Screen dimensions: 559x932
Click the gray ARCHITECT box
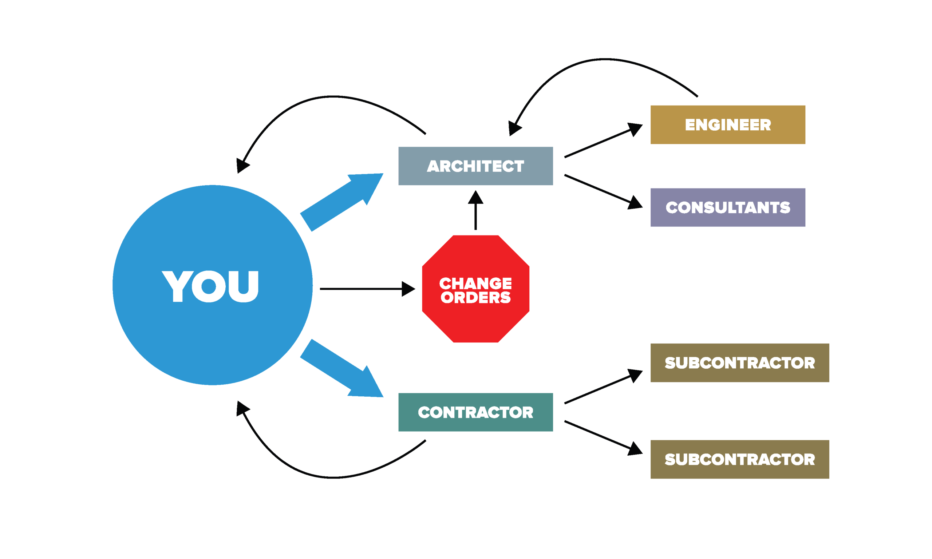pos(475,166)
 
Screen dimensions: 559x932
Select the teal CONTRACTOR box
pos(475,412)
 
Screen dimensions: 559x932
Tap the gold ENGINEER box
pos(727,125)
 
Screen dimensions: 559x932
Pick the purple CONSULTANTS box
pos(727,207)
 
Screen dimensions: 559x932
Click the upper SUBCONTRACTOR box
pos(739,363)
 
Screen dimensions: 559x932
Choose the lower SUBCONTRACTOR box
pos(739,459)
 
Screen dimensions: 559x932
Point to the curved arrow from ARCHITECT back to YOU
pos(332,97)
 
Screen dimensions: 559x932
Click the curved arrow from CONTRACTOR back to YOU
pos(332,477)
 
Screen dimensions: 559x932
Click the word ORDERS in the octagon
pos(475,298)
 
